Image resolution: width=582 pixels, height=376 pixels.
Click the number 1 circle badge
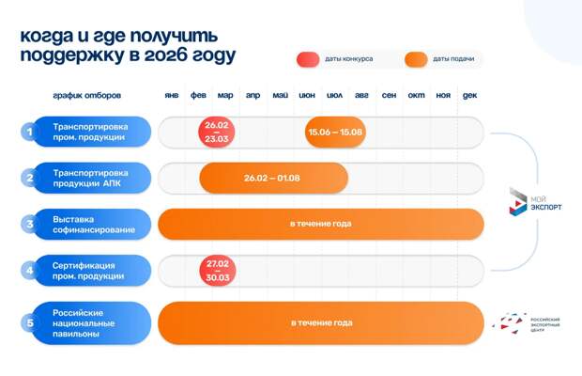click(29, 133)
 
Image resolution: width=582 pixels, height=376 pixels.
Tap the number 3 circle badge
click(29, 225)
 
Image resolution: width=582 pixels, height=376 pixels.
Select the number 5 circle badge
click(29, 323)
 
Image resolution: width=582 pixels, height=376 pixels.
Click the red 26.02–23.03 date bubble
click(218, 133)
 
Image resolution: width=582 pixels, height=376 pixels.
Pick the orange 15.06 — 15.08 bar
click(334, 133)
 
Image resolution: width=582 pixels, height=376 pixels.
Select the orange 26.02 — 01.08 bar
click(273, 178)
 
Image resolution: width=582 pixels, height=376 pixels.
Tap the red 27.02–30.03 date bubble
click(218, 271)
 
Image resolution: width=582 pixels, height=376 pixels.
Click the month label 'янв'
click(172, 96)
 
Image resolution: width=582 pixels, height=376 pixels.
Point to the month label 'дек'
click(470, 96)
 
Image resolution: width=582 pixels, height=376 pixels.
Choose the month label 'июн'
click(307, 96)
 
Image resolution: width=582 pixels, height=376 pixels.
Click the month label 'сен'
click(389, 96)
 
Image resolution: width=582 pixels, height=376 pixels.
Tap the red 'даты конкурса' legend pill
click(308, 59)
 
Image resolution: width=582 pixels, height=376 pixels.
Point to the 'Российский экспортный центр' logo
click(528, 323)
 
